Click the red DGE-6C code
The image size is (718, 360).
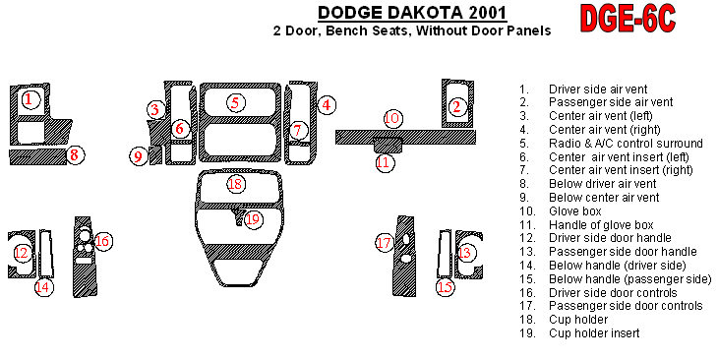[628, 19]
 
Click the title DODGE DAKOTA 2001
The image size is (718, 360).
[412, 13]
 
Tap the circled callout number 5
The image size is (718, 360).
[235, 102]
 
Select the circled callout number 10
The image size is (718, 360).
[392, 119]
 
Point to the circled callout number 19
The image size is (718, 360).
[253, 219]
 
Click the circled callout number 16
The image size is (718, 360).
[102, 241]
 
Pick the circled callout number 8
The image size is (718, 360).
[74, 154]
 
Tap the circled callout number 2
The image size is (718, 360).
[456, 107]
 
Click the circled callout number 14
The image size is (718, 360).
[43, 287]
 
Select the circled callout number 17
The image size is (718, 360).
[385, 243]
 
